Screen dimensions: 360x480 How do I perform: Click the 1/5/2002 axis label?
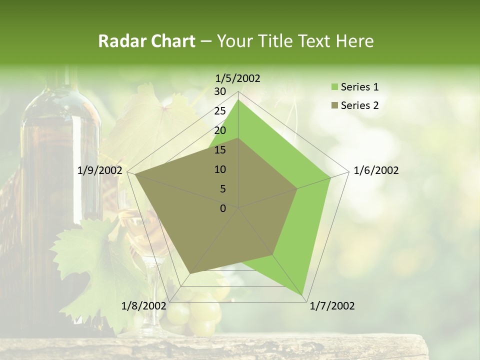pos(238,78)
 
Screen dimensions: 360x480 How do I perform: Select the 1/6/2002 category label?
pos(376,170)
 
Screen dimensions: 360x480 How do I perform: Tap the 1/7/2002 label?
pos(332,306)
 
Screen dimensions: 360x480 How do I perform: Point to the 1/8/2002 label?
pos(143,306)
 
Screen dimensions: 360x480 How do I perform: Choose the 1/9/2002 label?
pos(100,170)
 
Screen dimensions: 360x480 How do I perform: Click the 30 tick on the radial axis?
pos(220,91)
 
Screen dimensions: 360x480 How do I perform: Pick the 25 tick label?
pos(220,111)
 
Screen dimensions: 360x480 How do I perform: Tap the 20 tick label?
pos(220,130)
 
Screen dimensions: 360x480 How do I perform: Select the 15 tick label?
pos(220,150)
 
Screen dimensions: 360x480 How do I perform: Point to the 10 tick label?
pos(220,169)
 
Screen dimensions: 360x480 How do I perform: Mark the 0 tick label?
pos(223,208)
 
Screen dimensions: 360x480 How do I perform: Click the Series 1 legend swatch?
pos(334,87)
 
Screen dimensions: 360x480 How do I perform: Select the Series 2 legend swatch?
pos(334,105)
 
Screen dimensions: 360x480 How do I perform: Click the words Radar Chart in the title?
pos(146,41)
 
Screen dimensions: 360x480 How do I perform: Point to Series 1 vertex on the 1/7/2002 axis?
pos(303,295)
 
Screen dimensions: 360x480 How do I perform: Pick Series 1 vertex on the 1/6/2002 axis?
pos(330,177)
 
